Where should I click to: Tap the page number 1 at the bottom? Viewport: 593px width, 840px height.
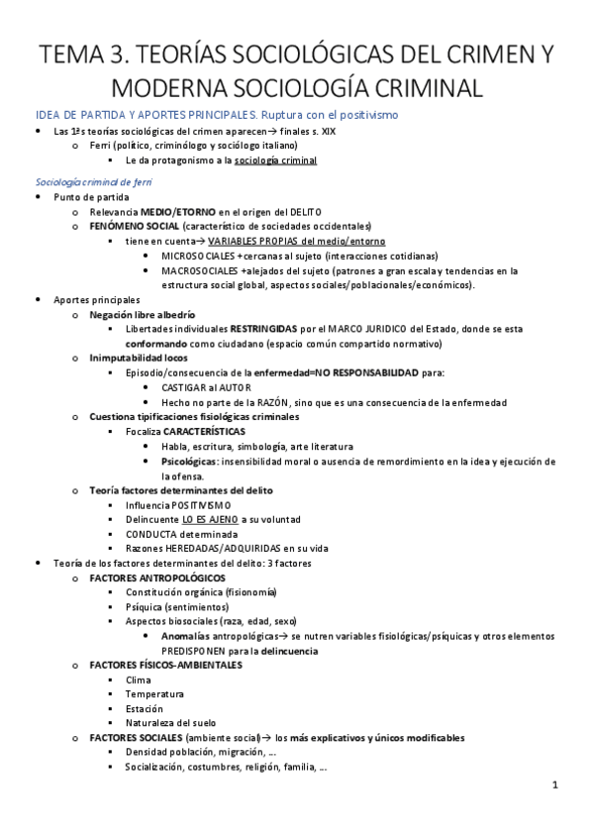tap(555, 786)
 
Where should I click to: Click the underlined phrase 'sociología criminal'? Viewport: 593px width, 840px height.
tap(276, 159)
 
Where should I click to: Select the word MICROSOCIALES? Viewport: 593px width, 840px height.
tap(198, 255)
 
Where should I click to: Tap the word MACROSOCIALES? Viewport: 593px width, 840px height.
tap(200, 269)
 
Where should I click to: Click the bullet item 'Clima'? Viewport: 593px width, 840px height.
tap(139, 681)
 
